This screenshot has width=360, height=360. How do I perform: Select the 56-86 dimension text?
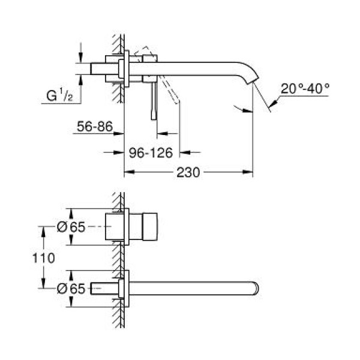click(94, 127)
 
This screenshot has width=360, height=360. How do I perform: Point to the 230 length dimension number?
click(188, 173)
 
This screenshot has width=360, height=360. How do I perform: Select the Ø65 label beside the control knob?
click(70, 227)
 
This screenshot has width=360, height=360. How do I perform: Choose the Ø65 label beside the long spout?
click(70, 288)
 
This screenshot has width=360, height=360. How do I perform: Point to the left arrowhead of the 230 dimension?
click(127, 173)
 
